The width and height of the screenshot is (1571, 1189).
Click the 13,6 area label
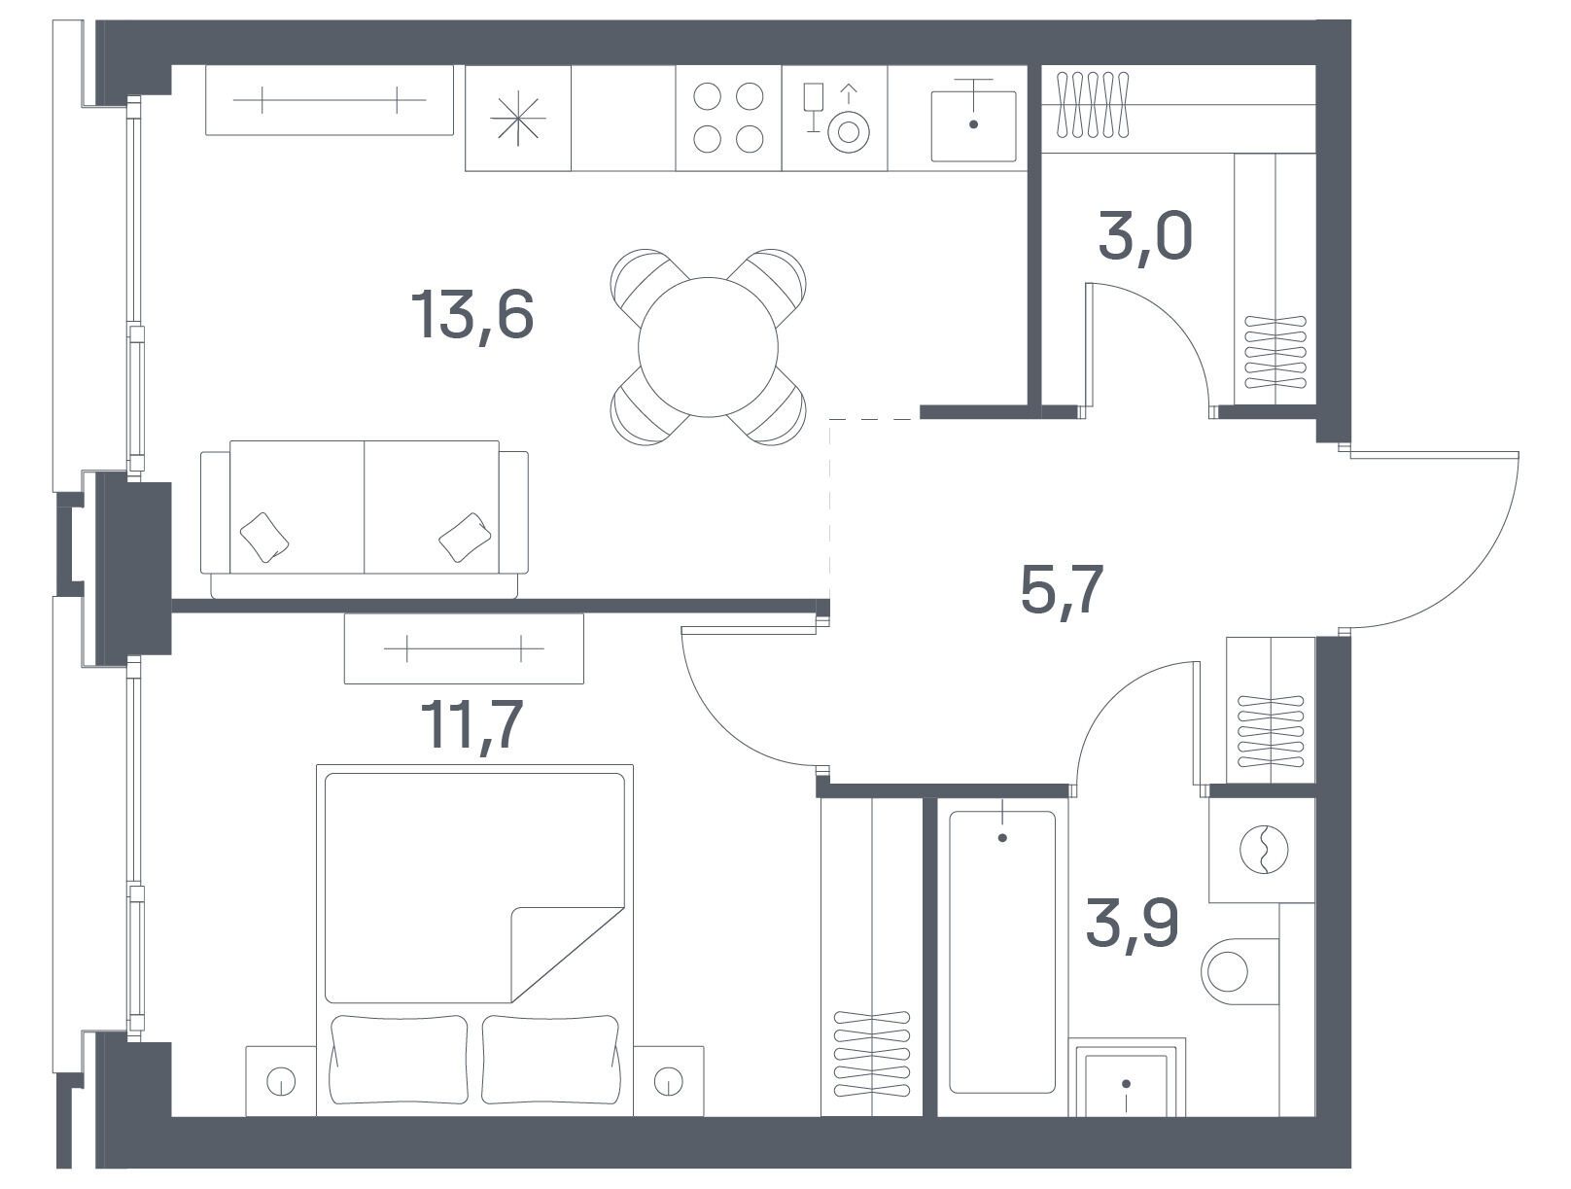pos(472,316)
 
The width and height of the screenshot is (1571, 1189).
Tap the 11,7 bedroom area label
pos(472,724)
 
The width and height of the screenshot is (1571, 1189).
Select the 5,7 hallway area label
pos(1062,589)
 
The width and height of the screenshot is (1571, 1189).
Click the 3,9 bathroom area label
pos(1132,924)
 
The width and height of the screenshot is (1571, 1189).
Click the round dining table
pos(708,347)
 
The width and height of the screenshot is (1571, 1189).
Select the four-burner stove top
pos(728,118)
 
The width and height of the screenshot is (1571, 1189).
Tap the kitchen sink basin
pos(973,126)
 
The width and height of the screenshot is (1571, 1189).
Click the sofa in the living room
pos(365,518)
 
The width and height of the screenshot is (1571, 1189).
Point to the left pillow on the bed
pos(399,1060)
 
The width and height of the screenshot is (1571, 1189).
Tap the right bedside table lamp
pos(669,1081)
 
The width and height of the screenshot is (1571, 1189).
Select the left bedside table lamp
pos(281,1081)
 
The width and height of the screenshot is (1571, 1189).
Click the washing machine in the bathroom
pos(1262,850)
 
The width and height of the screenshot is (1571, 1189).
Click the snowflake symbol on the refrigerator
pos(518,118)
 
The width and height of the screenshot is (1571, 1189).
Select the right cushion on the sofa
pos(465,537)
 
